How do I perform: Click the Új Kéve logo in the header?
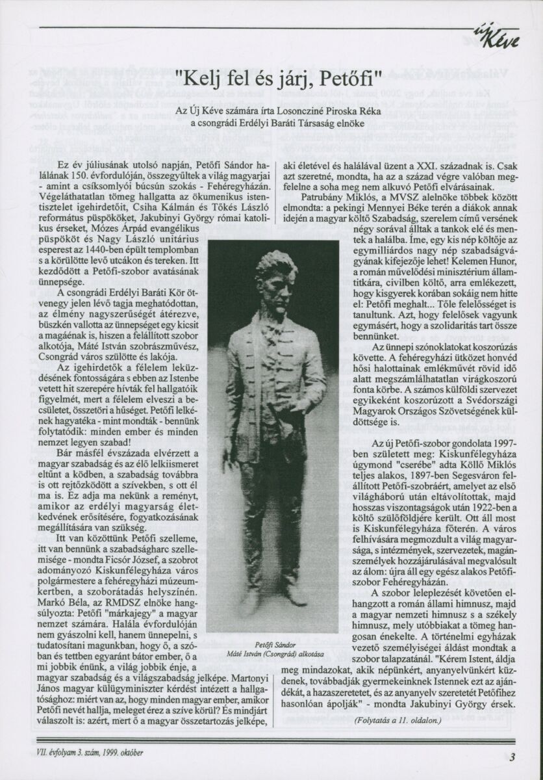pos(502,38)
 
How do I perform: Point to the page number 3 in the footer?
pos(512,756)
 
